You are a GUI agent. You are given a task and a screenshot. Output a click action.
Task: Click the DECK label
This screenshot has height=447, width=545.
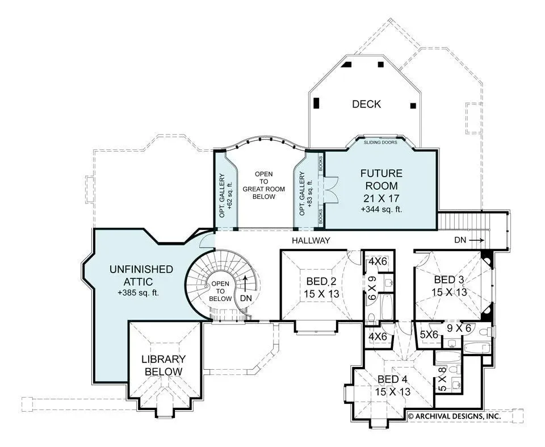(366, 104)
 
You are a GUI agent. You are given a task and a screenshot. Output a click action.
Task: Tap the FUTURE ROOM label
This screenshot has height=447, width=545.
(381, 179)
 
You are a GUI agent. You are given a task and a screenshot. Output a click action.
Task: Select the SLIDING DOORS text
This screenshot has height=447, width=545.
(380, 142)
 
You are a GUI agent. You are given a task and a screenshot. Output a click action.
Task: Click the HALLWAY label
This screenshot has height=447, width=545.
(311, 240)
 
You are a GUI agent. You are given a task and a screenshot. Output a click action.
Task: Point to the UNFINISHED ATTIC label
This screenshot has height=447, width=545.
(141, 275)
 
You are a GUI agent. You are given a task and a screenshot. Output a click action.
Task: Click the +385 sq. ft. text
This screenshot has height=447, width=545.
(138, 293)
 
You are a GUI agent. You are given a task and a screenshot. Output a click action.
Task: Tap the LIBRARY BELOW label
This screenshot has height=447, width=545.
(163, 365)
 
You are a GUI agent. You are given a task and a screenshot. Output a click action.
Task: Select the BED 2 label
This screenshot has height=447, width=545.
(321, 281)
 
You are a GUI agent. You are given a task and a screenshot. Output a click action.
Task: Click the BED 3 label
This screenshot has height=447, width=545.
(449, 279)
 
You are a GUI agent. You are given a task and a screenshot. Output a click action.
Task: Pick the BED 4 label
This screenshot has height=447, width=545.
(392, 379)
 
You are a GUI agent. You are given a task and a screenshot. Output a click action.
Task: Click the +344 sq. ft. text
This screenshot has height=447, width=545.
(381, 210)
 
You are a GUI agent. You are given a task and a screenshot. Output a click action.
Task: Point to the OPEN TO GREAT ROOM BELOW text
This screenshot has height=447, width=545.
(264, 185)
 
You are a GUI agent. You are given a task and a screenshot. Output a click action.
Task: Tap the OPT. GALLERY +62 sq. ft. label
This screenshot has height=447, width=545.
(225, 195)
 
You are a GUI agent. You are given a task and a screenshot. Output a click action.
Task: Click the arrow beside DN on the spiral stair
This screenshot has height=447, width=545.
(246, 284)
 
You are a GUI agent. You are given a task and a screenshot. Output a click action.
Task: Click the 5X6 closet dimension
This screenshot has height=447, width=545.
(429, 335)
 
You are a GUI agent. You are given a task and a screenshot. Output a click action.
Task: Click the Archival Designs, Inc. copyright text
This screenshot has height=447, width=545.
(455, 416)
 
